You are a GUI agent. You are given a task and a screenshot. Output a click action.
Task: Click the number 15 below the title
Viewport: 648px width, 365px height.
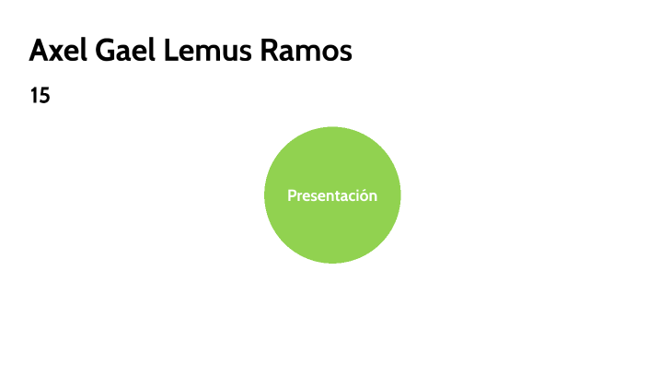pyautogui.click(x=40, y=96)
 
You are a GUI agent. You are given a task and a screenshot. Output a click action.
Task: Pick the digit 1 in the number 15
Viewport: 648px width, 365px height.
pyautogui.click(x=34, y=96)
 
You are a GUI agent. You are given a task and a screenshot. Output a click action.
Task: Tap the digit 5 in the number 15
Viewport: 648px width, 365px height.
pyautogui.click(x=44, y=96)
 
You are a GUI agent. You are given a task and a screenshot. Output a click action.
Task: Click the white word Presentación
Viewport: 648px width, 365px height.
pyautogui.click(x=332, y=195)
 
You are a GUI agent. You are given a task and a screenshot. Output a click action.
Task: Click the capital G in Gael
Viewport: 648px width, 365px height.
pyautogui.click(x=107, y=52)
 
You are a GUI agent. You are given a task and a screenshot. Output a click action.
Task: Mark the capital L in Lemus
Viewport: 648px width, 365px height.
pyautogui.click(x=171, y=52)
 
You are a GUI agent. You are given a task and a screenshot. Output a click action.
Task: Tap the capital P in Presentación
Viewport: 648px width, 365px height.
pyautogui.click(x=292, y=195)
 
